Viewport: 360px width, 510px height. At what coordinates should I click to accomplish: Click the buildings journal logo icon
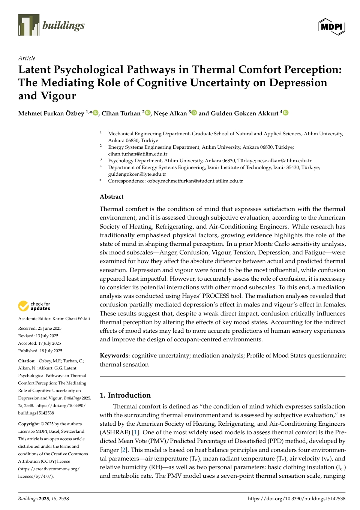click(x=28, y=25)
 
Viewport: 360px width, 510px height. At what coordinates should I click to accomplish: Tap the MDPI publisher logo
click(x=331, y=27)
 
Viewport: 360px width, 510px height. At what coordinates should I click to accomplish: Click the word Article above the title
click(x=27, y=58)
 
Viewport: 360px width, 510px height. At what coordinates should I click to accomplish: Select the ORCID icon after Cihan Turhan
click(x=148, y=113)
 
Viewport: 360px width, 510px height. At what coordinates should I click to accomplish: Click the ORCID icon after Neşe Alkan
click(x=194, y=113)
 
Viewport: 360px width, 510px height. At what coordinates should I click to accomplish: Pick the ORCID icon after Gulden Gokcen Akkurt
click(x=286, y=113)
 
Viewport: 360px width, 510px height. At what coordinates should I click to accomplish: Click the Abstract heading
click(x=111, y=196)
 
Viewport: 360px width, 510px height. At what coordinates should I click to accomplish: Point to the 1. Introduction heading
click(x=125, y=395)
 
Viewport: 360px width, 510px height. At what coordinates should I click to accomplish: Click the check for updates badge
click(x=34, y=306)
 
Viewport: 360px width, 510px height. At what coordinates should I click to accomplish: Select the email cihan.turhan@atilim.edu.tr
click(x=138, y=154)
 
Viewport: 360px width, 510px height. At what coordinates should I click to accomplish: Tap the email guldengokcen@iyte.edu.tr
click(x=137, y=174)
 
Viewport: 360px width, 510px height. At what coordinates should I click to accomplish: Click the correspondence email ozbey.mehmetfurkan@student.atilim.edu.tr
click(x=195, y=181)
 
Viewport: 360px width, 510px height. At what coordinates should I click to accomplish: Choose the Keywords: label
click(x=115, y=355)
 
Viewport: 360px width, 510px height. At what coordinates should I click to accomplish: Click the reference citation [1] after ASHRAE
click(x=135, y=432)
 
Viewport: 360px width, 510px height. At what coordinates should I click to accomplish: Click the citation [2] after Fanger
click(x=124, y=450)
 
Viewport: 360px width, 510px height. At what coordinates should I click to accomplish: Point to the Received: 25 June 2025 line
click(x=40, y=328)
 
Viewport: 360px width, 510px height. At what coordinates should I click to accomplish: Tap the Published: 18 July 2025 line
click(x=40, y=351)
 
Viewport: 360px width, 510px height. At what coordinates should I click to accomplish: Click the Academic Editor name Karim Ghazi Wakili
click(x=71, y=319)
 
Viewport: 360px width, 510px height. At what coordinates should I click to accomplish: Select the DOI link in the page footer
click(x=296, y=498)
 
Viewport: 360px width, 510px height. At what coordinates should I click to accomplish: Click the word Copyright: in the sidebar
click(x=28, y=424)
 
